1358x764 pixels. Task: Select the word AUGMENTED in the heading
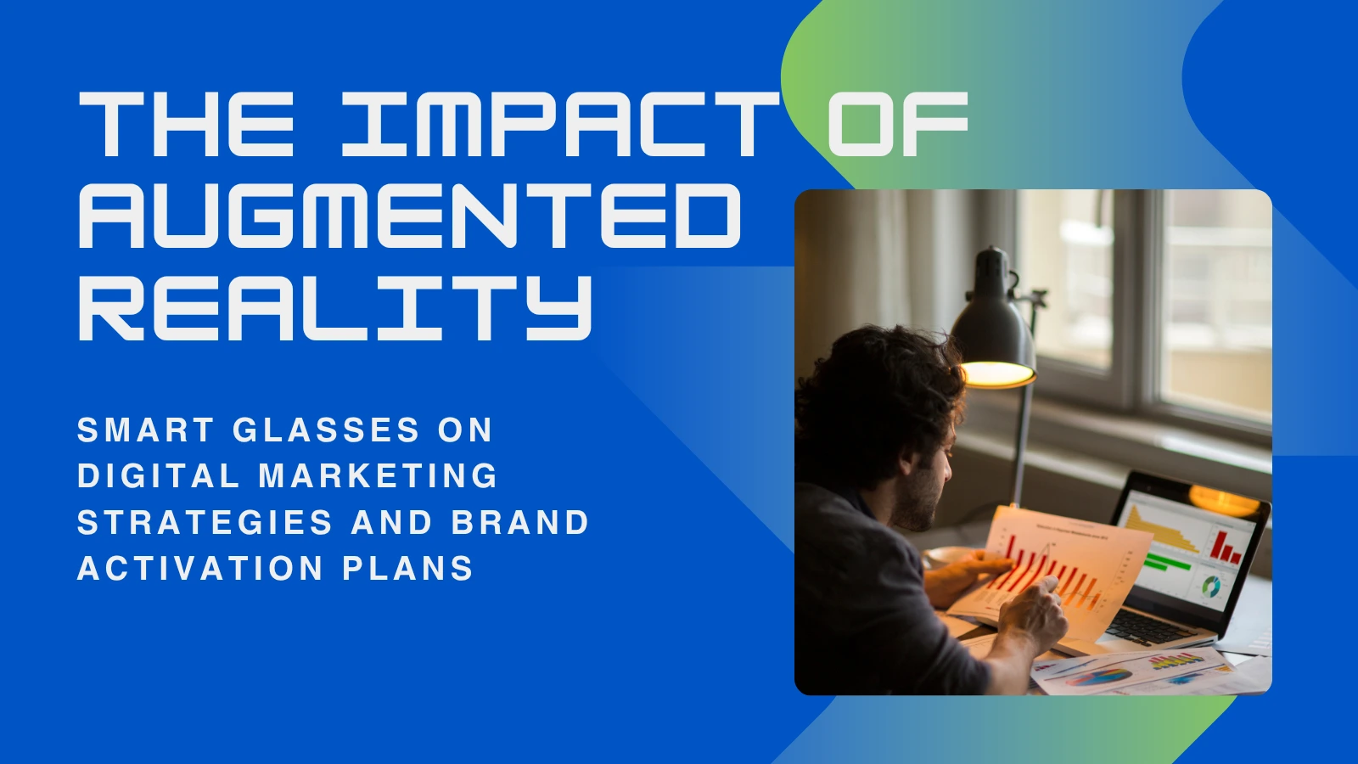pos(410,216)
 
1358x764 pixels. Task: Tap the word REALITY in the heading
pos(335,306)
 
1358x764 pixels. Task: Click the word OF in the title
pos(899,124)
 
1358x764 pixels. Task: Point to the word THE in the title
pos(187,124)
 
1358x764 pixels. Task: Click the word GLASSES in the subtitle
pos(326,430)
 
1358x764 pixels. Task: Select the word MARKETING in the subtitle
pos(379,475)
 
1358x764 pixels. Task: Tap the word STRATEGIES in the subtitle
pos(205,522)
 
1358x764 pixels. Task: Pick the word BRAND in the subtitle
pos(520,522)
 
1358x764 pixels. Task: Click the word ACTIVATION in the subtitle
pos(200,568)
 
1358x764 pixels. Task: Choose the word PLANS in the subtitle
pos(408,568)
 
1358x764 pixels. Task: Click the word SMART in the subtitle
pos(145,430)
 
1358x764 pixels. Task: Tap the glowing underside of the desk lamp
pos(997,374)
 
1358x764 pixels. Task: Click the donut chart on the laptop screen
pos(1210,587)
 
